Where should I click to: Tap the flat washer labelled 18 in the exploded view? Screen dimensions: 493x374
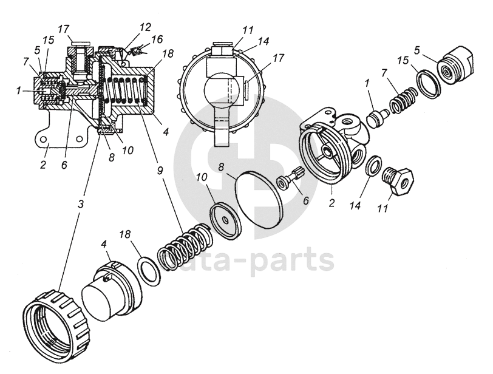(x=149, y=270)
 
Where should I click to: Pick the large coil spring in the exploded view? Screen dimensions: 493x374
(x=185, y=246)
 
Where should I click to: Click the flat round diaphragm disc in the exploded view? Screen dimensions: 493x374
(x=258, y=195)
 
